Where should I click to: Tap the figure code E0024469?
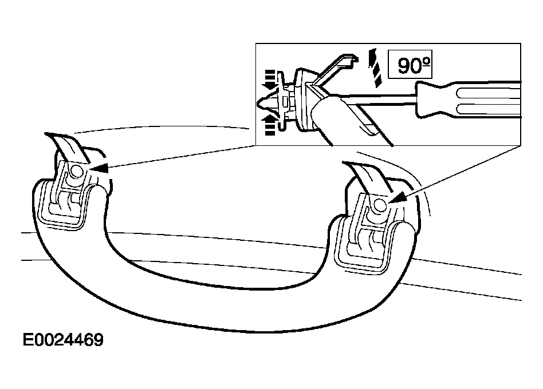pos(63,341)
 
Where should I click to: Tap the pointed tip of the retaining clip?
pos(261,104)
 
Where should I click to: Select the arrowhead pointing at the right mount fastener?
pos(399,199)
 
